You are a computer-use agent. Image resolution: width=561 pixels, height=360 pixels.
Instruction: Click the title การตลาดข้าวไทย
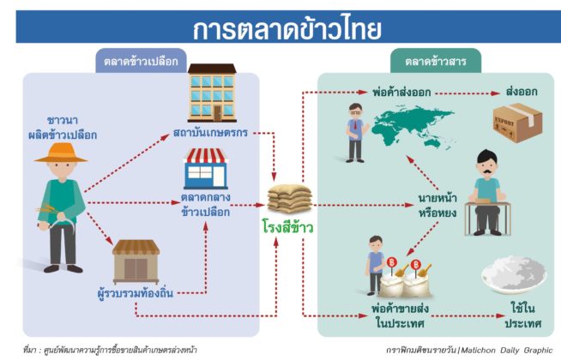click(x=287, y=28)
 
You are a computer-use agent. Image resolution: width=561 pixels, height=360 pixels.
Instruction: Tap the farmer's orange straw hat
click(x=61, y=153)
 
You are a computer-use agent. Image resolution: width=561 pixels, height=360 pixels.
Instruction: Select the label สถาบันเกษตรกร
click(x=210, y=133)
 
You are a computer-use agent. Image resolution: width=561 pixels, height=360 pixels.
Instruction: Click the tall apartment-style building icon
click(x=212, y=93)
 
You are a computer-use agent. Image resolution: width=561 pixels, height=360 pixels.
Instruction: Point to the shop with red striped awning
click(x=205, y=168)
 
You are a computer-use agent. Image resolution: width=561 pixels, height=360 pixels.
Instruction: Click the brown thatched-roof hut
click(x=136, y=261)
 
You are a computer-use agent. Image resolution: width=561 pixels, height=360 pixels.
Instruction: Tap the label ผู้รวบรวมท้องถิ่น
click(x=136, y=293)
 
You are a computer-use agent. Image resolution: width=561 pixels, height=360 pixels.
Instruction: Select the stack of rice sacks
click(x=290, y=198)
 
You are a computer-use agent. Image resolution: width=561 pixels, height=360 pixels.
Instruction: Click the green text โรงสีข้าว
click(x=287, y=227)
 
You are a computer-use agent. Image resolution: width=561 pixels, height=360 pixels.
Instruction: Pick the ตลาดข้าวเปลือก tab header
click(x=141, y=61)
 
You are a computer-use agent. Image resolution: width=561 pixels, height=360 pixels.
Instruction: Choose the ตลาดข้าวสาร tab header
click(x=436, y=61)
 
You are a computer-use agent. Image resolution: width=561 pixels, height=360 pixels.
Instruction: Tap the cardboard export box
click(x=517, y=123)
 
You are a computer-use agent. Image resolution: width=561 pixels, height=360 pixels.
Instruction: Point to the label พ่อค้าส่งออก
click(x=401, y=93)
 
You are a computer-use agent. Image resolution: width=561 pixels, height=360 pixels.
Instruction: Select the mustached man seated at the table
click(x=487, y=192)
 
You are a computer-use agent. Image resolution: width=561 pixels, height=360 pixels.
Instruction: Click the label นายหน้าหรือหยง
click(x=437, y=206)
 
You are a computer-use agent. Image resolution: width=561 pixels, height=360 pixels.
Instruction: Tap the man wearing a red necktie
click(x=355, y=133)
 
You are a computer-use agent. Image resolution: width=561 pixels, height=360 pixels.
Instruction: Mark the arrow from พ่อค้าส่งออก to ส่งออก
click(x=467, y=93)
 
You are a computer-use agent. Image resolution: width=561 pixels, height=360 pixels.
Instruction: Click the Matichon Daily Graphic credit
click(x=469, y=350)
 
